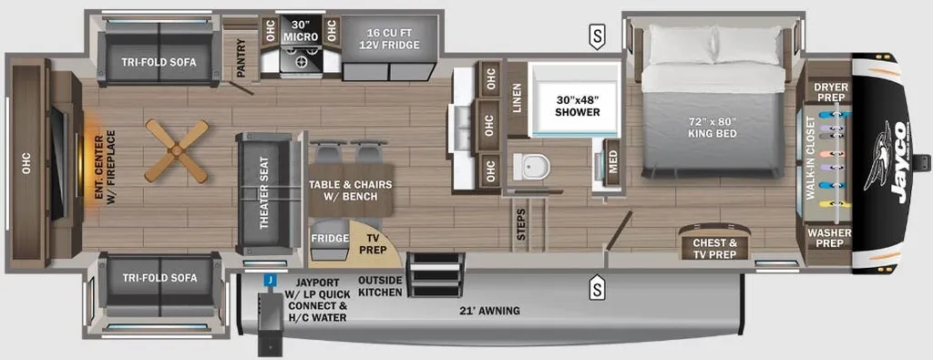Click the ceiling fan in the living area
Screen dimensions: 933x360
tap(176, 151)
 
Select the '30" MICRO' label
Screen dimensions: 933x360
tap(301, 31)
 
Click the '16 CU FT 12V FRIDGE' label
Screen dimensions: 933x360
tap(390, 38)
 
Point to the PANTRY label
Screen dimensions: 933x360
tap(241, 58)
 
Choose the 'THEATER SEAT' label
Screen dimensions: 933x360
tap(264, 193)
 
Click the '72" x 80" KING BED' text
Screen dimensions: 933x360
tap(713, 128)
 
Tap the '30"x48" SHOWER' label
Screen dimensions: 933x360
tap(577, 105)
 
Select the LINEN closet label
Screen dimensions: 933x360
tap(517, 98)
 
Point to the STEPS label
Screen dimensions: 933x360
tap(521, 224)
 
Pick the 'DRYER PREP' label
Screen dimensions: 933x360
tap(830, 91)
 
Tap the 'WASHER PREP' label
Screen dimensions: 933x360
tap(829, 238)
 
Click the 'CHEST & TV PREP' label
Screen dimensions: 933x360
tap(713, 248)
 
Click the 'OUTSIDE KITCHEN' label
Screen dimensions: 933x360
tap(380, 285)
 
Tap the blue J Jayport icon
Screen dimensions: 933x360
tap(270, 279)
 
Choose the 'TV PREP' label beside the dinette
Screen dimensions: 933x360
tap(372, 243)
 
